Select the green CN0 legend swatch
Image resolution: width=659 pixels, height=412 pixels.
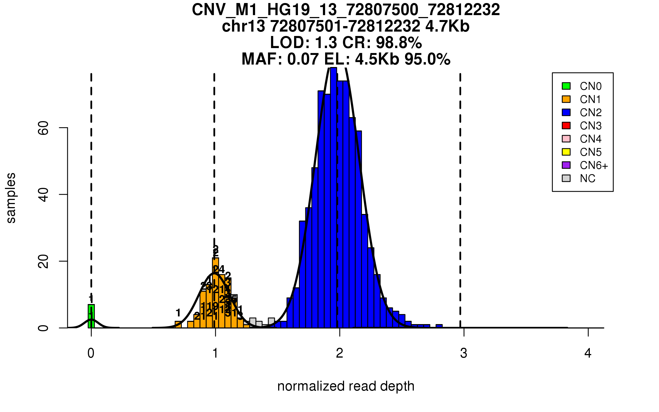coord(566,86)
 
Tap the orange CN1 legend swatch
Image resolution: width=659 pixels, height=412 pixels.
coord(566,99)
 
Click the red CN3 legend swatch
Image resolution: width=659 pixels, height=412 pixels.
coord(566,126)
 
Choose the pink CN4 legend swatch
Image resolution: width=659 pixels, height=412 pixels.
coord(566,139)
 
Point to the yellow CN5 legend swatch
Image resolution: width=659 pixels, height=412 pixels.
coord(566,152)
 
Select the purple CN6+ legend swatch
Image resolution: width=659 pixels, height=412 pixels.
coord(566,165)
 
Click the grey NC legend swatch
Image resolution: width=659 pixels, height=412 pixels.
coord(566,178)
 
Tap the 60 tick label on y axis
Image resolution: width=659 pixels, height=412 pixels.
coord(43,128)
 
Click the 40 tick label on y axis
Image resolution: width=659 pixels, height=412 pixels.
coord(43,194)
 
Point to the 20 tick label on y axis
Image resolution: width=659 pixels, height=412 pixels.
coord(43,261)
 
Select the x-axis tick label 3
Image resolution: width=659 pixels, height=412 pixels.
coord(464,353)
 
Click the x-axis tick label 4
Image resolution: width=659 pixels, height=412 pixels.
coord(588,353)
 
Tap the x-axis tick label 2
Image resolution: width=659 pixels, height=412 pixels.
coord(340,353)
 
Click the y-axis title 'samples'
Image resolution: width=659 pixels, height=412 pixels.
coord(11,198)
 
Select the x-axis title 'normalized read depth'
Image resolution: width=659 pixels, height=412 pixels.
coord(346,386)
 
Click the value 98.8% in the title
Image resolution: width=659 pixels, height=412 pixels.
coord(399,43)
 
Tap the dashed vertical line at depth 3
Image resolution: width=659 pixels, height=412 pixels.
coord(460,192)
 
